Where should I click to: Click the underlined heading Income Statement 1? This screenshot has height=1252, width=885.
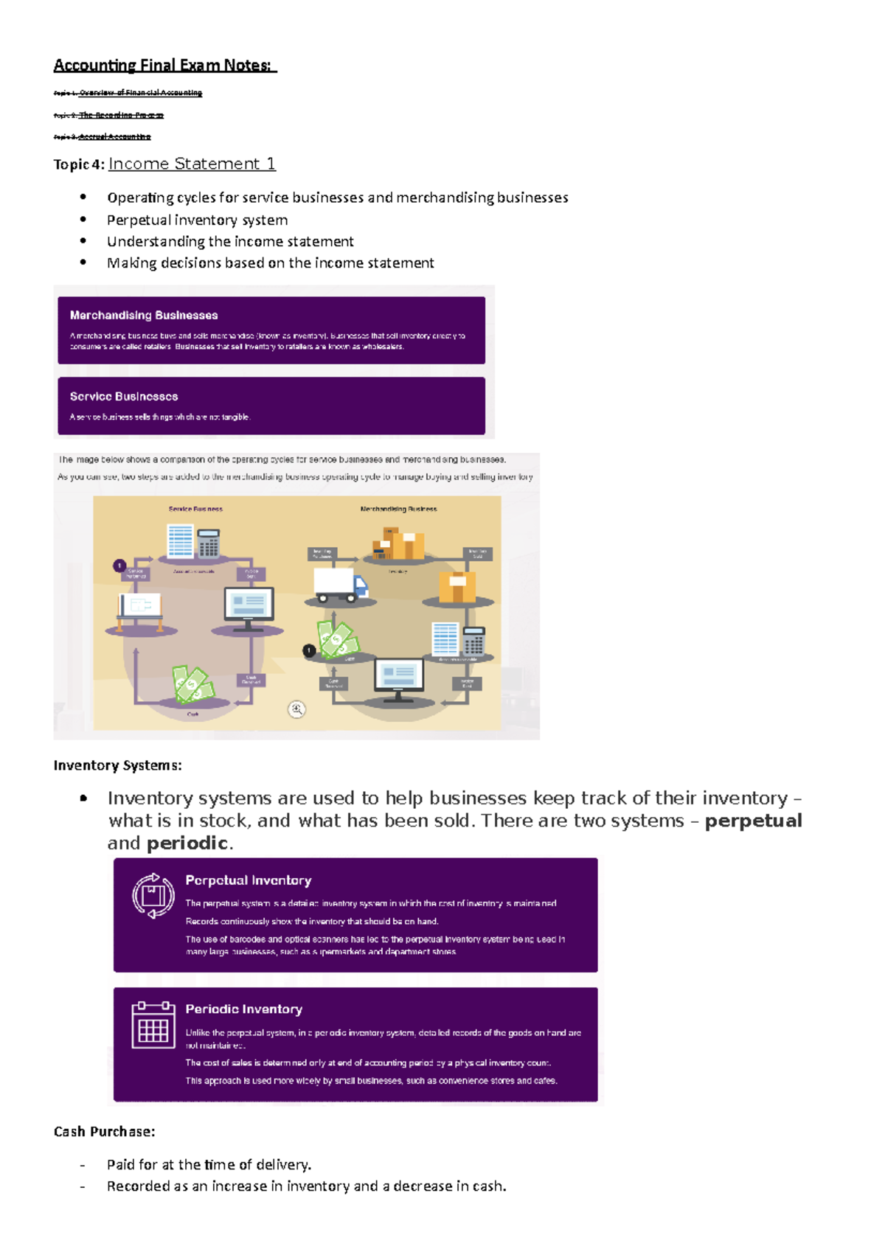click(x=192, y=164)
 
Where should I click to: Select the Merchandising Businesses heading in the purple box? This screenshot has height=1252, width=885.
click(x=144, y=316)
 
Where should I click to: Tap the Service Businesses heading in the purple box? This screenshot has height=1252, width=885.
click(x=124, y=397)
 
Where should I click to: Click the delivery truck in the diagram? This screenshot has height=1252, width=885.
click(x=340, y=586)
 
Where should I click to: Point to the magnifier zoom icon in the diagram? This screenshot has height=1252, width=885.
click(x=296, y=709)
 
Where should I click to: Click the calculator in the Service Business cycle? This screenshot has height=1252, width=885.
click(x=209, y=543)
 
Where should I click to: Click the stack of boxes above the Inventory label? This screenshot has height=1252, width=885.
click(x=398, y=544)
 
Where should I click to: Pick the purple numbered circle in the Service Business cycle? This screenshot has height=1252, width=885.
click(x=119, y=566)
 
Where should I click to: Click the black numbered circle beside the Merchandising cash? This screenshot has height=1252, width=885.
click(x=309, y=650)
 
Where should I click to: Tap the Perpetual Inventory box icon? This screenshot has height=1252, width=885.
click(x=153, y=896)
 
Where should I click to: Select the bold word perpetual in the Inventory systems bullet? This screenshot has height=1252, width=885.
click(x=753, y=821)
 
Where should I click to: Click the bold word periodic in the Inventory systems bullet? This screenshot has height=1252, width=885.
click(x=187, y=844)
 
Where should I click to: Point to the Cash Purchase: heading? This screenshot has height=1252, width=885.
click(x=104, y=1132)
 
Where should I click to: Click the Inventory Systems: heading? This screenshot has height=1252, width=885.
click(x=117, y=766)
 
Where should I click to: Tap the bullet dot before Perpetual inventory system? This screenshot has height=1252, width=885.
click(x=83, y=220)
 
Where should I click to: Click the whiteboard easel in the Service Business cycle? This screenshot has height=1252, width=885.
click(x=139, y=608)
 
